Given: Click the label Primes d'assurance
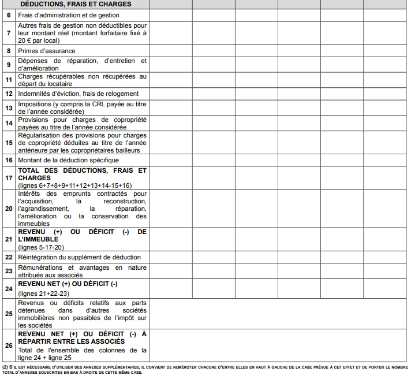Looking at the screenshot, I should click(x=47, y=51).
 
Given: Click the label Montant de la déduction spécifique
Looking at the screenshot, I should click(x=68, y=159).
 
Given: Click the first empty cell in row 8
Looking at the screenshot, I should click(x=171, y=51).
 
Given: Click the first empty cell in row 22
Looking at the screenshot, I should click(x=171, y=257).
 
